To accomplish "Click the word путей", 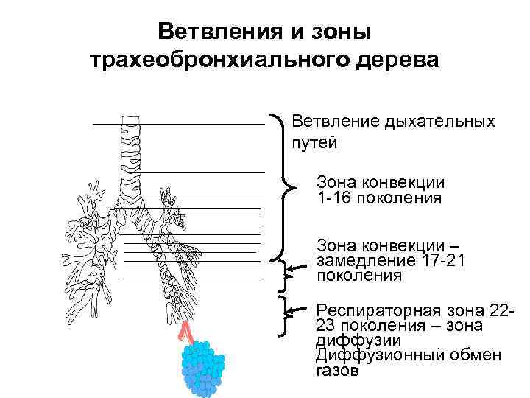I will pyautogui.click(x=315, y=142).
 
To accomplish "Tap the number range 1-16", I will pyautogui.click(x=333, y=198).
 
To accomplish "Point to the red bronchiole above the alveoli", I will pyautogui.click(x=186, y=332).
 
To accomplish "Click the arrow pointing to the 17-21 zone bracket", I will pyautogui.click(x=298, y=270).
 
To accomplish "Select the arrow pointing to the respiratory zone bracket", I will pyautogui.click(x=298, y=310).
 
